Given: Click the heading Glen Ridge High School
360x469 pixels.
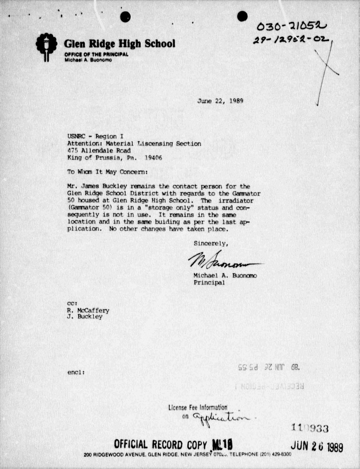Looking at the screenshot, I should tap(120, 44).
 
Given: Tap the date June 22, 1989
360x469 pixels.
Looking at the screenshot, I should tap(220, 100).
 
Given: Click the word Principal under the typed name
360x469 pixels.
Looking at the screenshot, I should tap(209, 282).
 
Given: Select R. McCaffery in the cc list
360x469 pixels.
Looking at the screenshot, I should tap(88, 310).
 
